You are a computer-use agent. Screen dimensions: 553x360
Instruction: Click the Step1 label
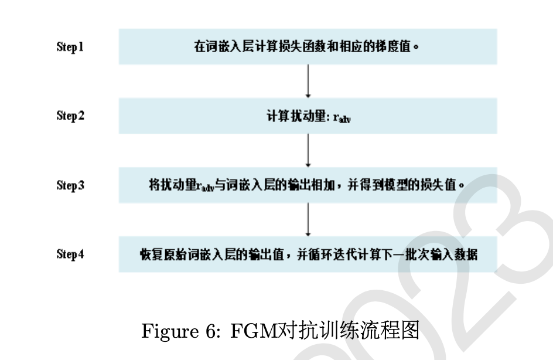(x=70, y=47)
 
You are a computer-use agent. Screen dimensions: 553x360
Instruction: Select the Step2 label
(x=70, y=116)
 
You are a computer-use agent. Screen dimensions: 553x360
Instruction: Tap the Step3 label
(x=70, y=185)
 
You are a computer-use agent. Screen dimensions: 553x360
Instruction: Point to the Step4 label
(x=70, y=254)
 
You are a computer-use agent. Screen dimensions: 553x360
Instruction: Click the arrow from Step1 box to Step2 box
(x=308, y=81)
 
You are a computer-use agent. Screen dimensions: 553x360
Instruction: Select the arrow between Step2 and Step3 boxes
(x=308, y=150)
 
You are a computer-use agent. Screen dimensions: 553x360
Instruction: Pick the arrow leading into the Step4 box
(x=308, y=219)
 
